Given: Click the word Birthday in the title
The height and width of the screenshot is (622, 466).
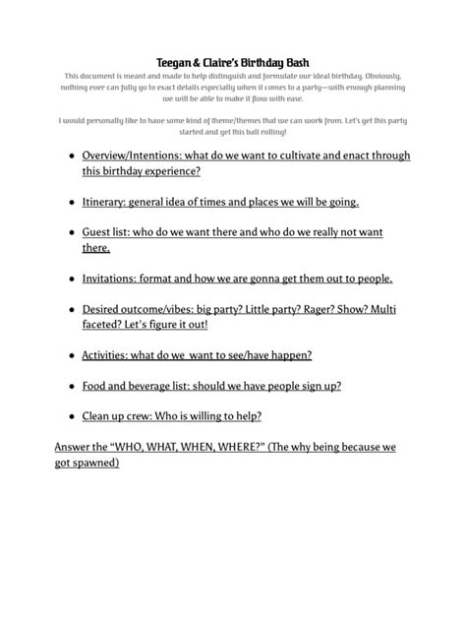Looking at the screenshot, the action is click(x=260, y=61).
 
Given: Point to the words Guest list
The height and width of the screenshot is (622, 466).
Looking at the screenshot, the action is click(x=105, y=232).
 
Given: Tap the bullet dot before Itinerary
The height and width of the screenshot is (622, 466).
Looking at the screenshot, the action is click(x=71, y=203).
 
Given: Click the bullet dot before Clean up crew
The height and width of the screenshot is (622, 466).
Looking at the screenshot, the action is click(x=71, y=416).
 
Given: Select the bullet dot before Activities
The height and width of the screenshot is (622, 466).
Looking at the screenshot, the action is click(x=71, y=355).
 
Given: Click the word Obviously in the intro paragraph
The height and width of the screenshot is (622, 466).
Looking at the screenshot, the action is click(x=377, y=76).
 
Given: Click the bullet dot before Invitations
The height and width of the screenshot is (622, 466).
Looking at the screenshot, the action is click(x=71, y=279).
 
